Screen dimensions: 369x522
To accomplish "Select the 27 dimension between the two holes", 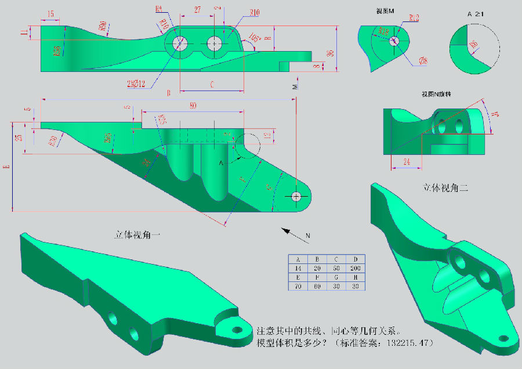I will tap(198, 9).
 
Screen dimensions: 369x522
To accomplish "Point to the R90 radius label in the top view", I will tap(103, 26).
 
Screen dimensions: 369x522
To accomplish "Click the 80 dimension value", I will tap(193, 106).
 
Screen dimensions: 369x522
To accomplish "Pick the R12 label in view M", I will tap(414, 18).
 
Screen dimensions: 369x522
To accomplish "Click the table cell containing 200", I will tap(355, 269).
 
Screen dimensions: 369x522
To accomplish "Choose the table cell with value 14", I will tap(298, 269).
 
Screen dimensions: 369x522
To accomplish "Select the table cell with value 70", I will tap(298, 287).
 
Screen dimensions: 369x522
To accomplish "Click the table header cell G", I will tap(336, 278).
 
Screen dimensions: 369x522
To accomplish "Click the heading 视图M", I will tap(385, 10).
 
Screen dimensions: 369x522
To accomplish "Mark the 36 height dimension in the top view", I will tap(331, 53).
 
